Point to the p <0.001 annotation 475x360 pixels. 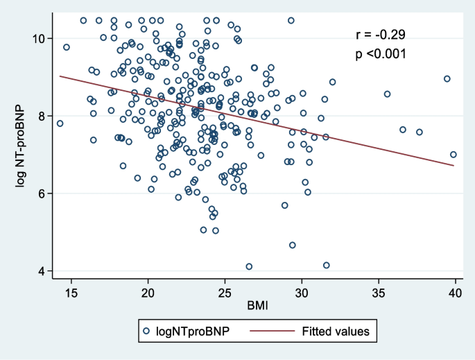pos(377,53)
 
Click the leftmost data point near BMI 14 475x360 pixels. pos(60,123)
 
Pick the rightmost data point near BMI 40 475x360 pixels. pos(454,155)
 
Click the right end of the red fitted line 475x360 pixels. pos(454,165)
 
